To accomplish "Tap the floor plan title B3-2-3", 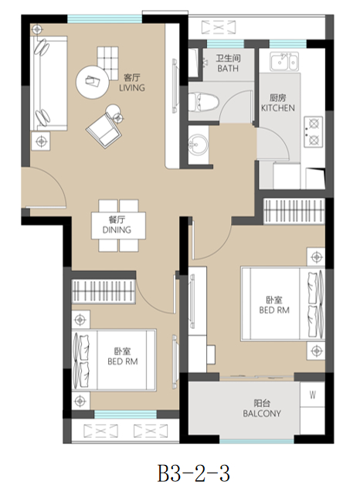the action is pyautogui.click(x=194, y=473).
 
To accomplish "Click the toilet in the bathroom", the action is pyautogui.click(x=203, y=102).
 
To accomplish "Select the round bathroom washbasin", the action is pyautogui.click(x=199, y=144).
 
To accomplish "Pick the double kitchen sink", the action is pyautogui.click(x=284, y=62).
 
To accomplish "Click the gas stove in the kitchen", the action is pyautogui.click(x=314, y=132).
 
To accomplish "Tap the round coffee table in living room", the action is pyautogui.click(x=93, y=82).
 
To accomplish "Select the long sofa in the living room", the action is pyautogui.click(x=49, y=83).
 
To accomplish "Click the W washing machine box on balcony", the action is pyautogui.click(x=312, y=395).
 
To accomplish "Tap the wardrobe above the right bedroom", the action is pyautogui.click(x=294, y=212).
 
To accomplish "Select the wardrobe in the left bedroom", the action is pyautogui.click(x=104, y=291).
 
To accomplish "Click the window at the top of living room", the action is pyautogui.click(x=104, y=19).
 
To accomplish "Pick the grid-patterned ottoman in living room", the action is pyautogui.click(x=108, y=59).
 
